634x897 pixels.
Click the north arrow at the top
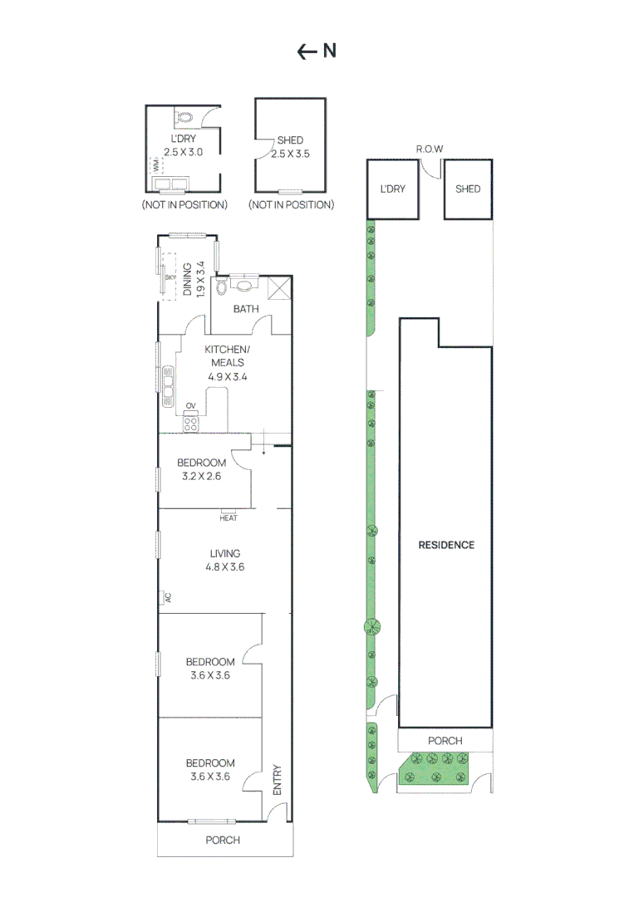pyautogui.click(x=307, y=52)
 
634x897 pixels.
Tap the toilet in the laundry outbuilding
pyautogui.click(x=184, y=118)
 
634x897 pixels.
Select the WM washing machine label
pyautogui.click(x=156, y=165)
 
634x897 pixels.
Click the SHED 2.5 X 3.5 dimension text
pyautogui.click(x=290, y=154)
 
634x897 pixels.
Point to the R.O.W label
pyautogui.click(x=429, y=149)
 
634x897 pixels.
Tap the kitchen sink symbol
pyautogui.click(x=168, y=385)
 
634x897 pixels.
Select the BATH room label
pyautogui.click(x=246, y=309)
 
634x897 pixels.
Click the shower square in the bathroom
pyautogui.click(x=279, y=287)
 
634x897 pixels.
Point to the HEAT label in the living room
pyautogui.click(x=229, y=517)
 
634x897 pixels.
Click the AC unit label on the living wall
pyautogui.click(x=168, y=597)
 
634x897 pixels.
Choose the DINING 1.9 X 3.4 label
pyautogui.click(x=194, y=279)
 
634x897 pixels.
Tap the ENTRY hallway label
pyautogui.click(x=277, y=780)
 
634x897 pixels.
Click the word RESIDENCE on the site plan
pyautogui.click(x=446, y=545)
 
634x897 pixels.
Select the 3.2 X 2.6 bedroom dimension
pyautogui.click(x=201, y=476)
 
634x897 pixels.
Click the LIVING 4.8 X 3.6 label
pyautogui.click(x=225, y=560)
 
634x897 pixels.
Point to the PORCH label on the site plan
pyautogui.click(x=445, y=741)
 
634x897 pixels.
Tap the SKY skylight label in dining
pyautogui.click(x=170, y=277)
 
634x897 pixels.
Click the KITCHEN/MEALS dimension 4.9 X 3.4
pyautogui.click(x=228, y=376)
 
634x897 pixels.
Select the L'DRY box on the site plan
pyautogui.click(x=392, y=189)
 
